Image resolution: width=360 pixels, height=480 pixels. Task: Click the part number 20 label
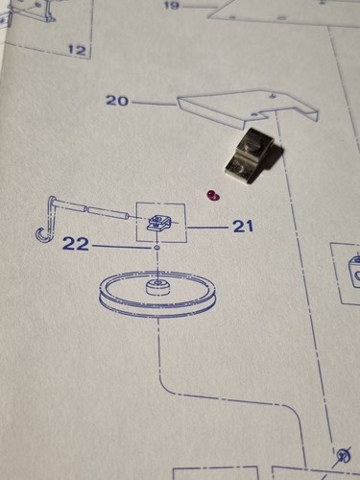coord(117,101)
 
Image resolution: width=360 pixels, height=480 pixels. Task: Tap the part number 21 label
coord(243,227)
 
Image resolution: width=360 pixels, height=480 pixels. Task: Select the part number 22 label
coord(75,244)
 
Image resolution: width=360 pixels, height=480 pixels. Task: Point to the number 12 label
coord(78,50)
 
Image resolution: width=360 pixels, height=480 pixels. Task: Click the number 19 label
coord(173,5)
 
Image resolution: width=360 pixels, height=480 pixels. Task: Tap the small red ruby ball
coord(211,195)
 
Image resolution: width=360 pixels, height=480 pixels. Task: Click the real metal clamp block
coord(254,156)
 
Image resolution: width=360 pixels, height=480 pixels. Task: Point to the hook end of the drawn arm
coord(41,236)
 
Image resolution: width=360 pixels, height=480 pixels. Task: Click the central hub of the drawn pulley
coord(158,286)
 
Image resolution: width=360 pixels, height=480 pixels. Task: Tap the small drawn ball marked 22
coord(156,248)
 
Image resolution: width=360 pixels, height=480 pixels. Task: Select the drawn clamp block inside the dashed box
coord(157,223)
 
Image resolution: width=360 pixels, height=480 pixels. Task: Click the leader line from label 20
coord(154,103)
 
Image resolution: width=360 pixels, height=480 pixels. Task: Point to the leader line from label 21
coord(207,228)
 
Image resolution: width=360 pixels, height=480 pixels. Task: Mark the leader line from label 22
coord(121,247)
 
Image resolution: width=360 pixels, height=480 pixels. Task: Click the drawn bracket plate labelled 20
coord(248,108)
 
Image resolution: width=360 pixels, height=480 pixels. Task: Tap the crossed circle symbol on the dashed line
coord(344,454)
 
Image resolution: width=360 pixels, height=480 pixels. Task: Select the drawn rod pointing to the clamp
coord(93,209)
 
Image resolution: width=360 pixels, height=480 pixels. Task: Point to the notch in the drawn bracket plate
coord(268,114)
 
